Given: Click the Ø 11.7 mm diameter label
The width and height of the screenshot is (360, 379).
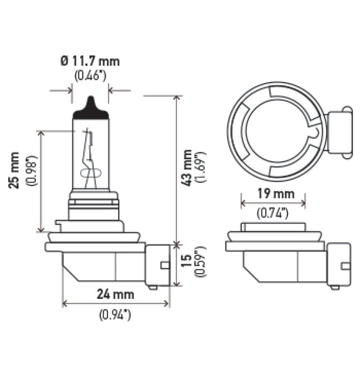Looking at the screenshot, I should pyautogui.click(x=90, y=61).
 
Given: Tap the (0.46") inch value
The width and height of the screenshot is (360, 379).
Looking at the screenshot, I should pyautogui.click(x=90, y=76).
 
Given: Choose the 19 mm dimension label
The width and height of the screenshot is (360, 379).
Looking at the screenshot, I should pyautogui.click(x=273, y=194).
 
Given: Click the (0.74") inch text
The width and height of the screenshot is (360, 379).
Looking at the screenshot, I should pyautogui.click(x=273, y=214).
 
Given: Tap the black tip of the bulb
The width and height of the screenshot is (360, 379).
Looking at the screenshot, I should pyautogui.click(x=91, y=109).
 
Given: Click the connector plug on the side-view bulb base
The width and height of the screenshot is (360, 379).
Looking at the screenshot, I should pyautogui.click(x=158, y=266).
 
